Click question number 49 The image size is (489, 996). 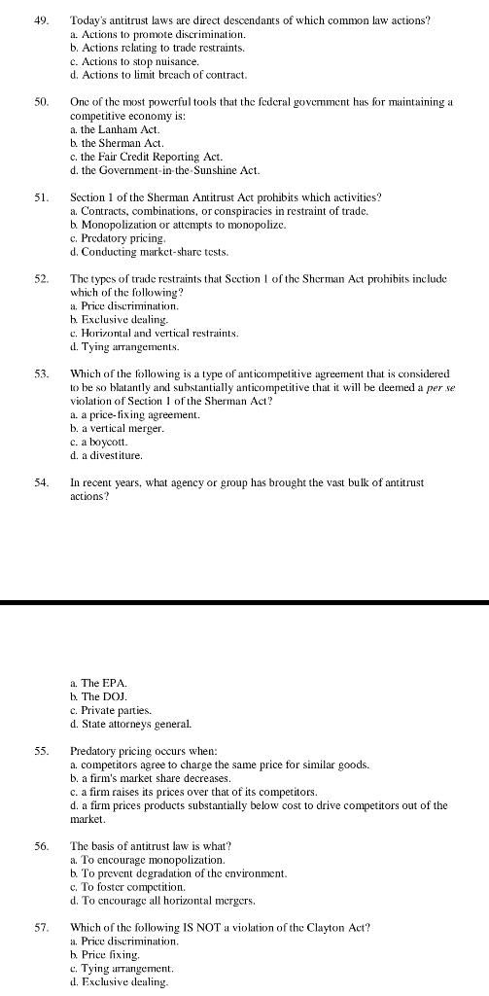(x=41, y=20)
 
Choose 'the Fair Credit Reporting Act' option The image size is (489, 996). (x=147, y=157)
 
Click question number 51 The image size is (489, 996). (x=41, y=197)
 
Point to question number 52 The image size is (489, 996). (x=41, y=279)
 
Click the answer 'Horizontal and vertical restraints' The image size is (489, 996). (x=155, y=334)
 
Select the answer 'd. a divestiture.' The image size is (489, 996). (x=107, y=456)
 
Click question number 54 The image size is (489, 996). (x=41, y=483)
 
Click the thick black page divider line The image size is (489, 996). (x=244, y=603)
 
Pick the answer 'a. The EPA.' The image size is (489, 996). (x=99, y=684)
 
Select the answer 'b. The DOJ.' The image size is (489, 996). (x=99, y=697)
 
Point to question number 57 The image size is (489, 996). (x=41, y=928)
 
